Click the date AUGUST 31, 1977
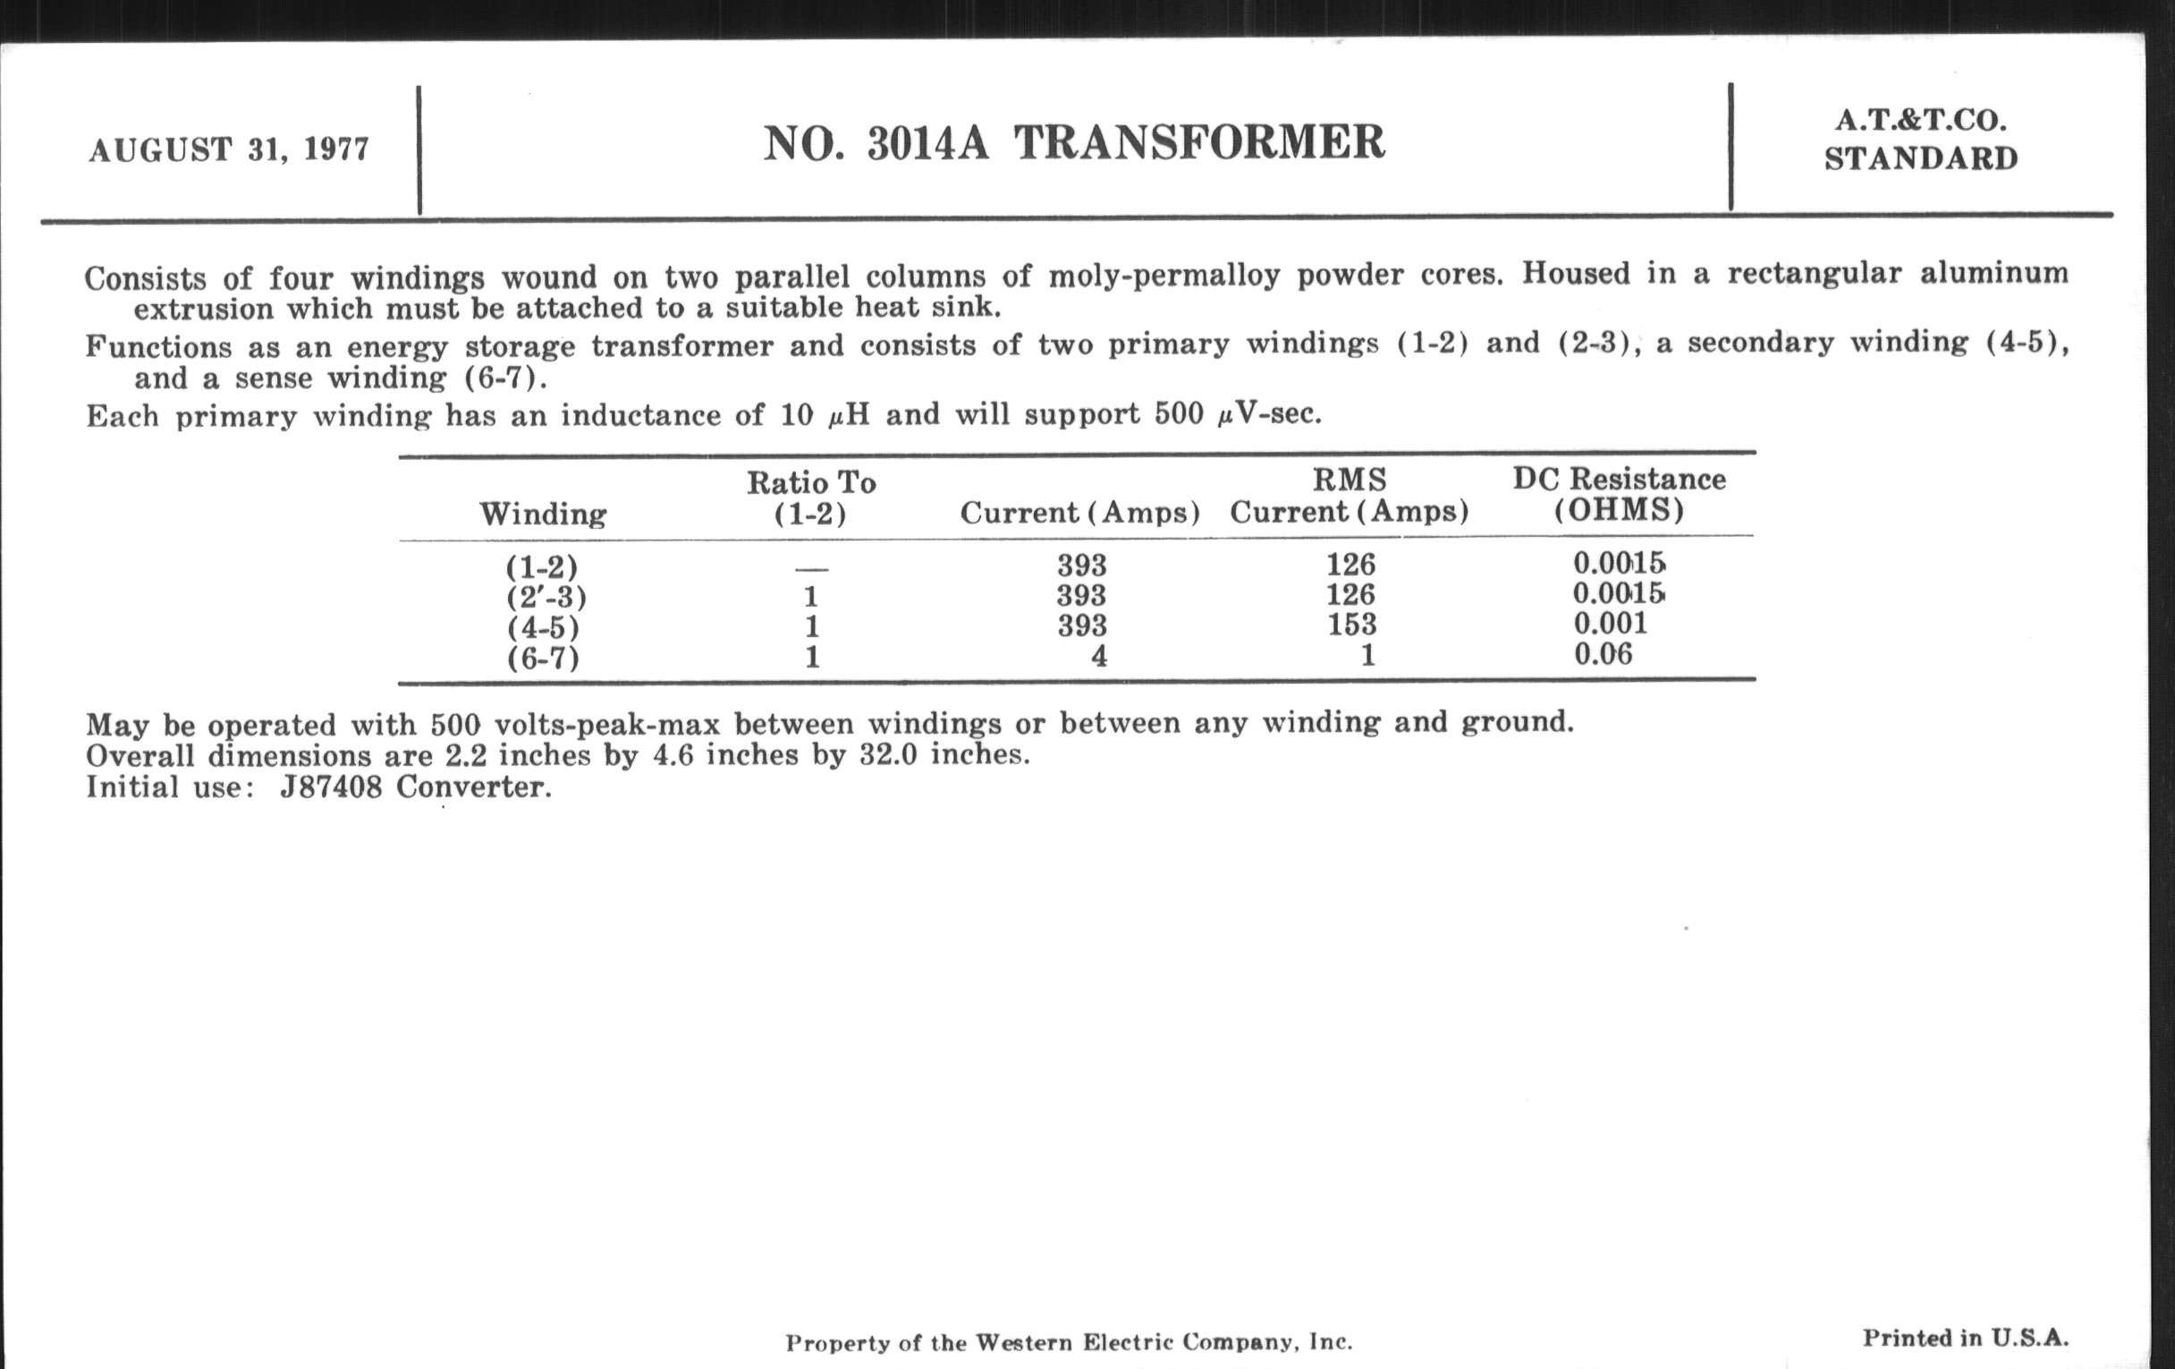(x=229, y=149)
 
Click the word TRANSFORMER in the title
(x=1198, y=143)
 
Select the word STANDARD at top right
(x=1920, y=159)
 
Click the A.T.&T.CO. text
(x=1920, y=120)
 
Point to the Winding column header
(x=543, y=514)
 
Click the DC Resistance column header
(x=1619, y=493)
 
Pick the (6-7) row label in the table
(x=543, y=658)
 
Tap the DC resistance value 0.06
(x=1603, y=653)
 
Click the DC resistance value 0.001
(x=1610, y=624)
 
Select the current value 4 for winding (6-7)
(x=1098, y=656)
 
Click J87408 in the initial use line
(x=331, y=787)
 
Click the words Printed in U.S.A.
(x=1965, y=1339)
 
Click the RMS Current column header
(x=1350, y=495)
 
